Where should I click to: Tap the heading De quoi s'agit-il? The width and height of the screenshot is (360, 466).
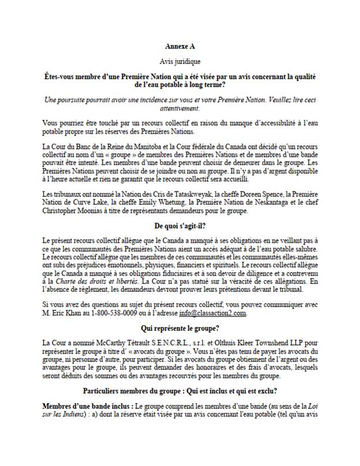coord(180,226)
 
